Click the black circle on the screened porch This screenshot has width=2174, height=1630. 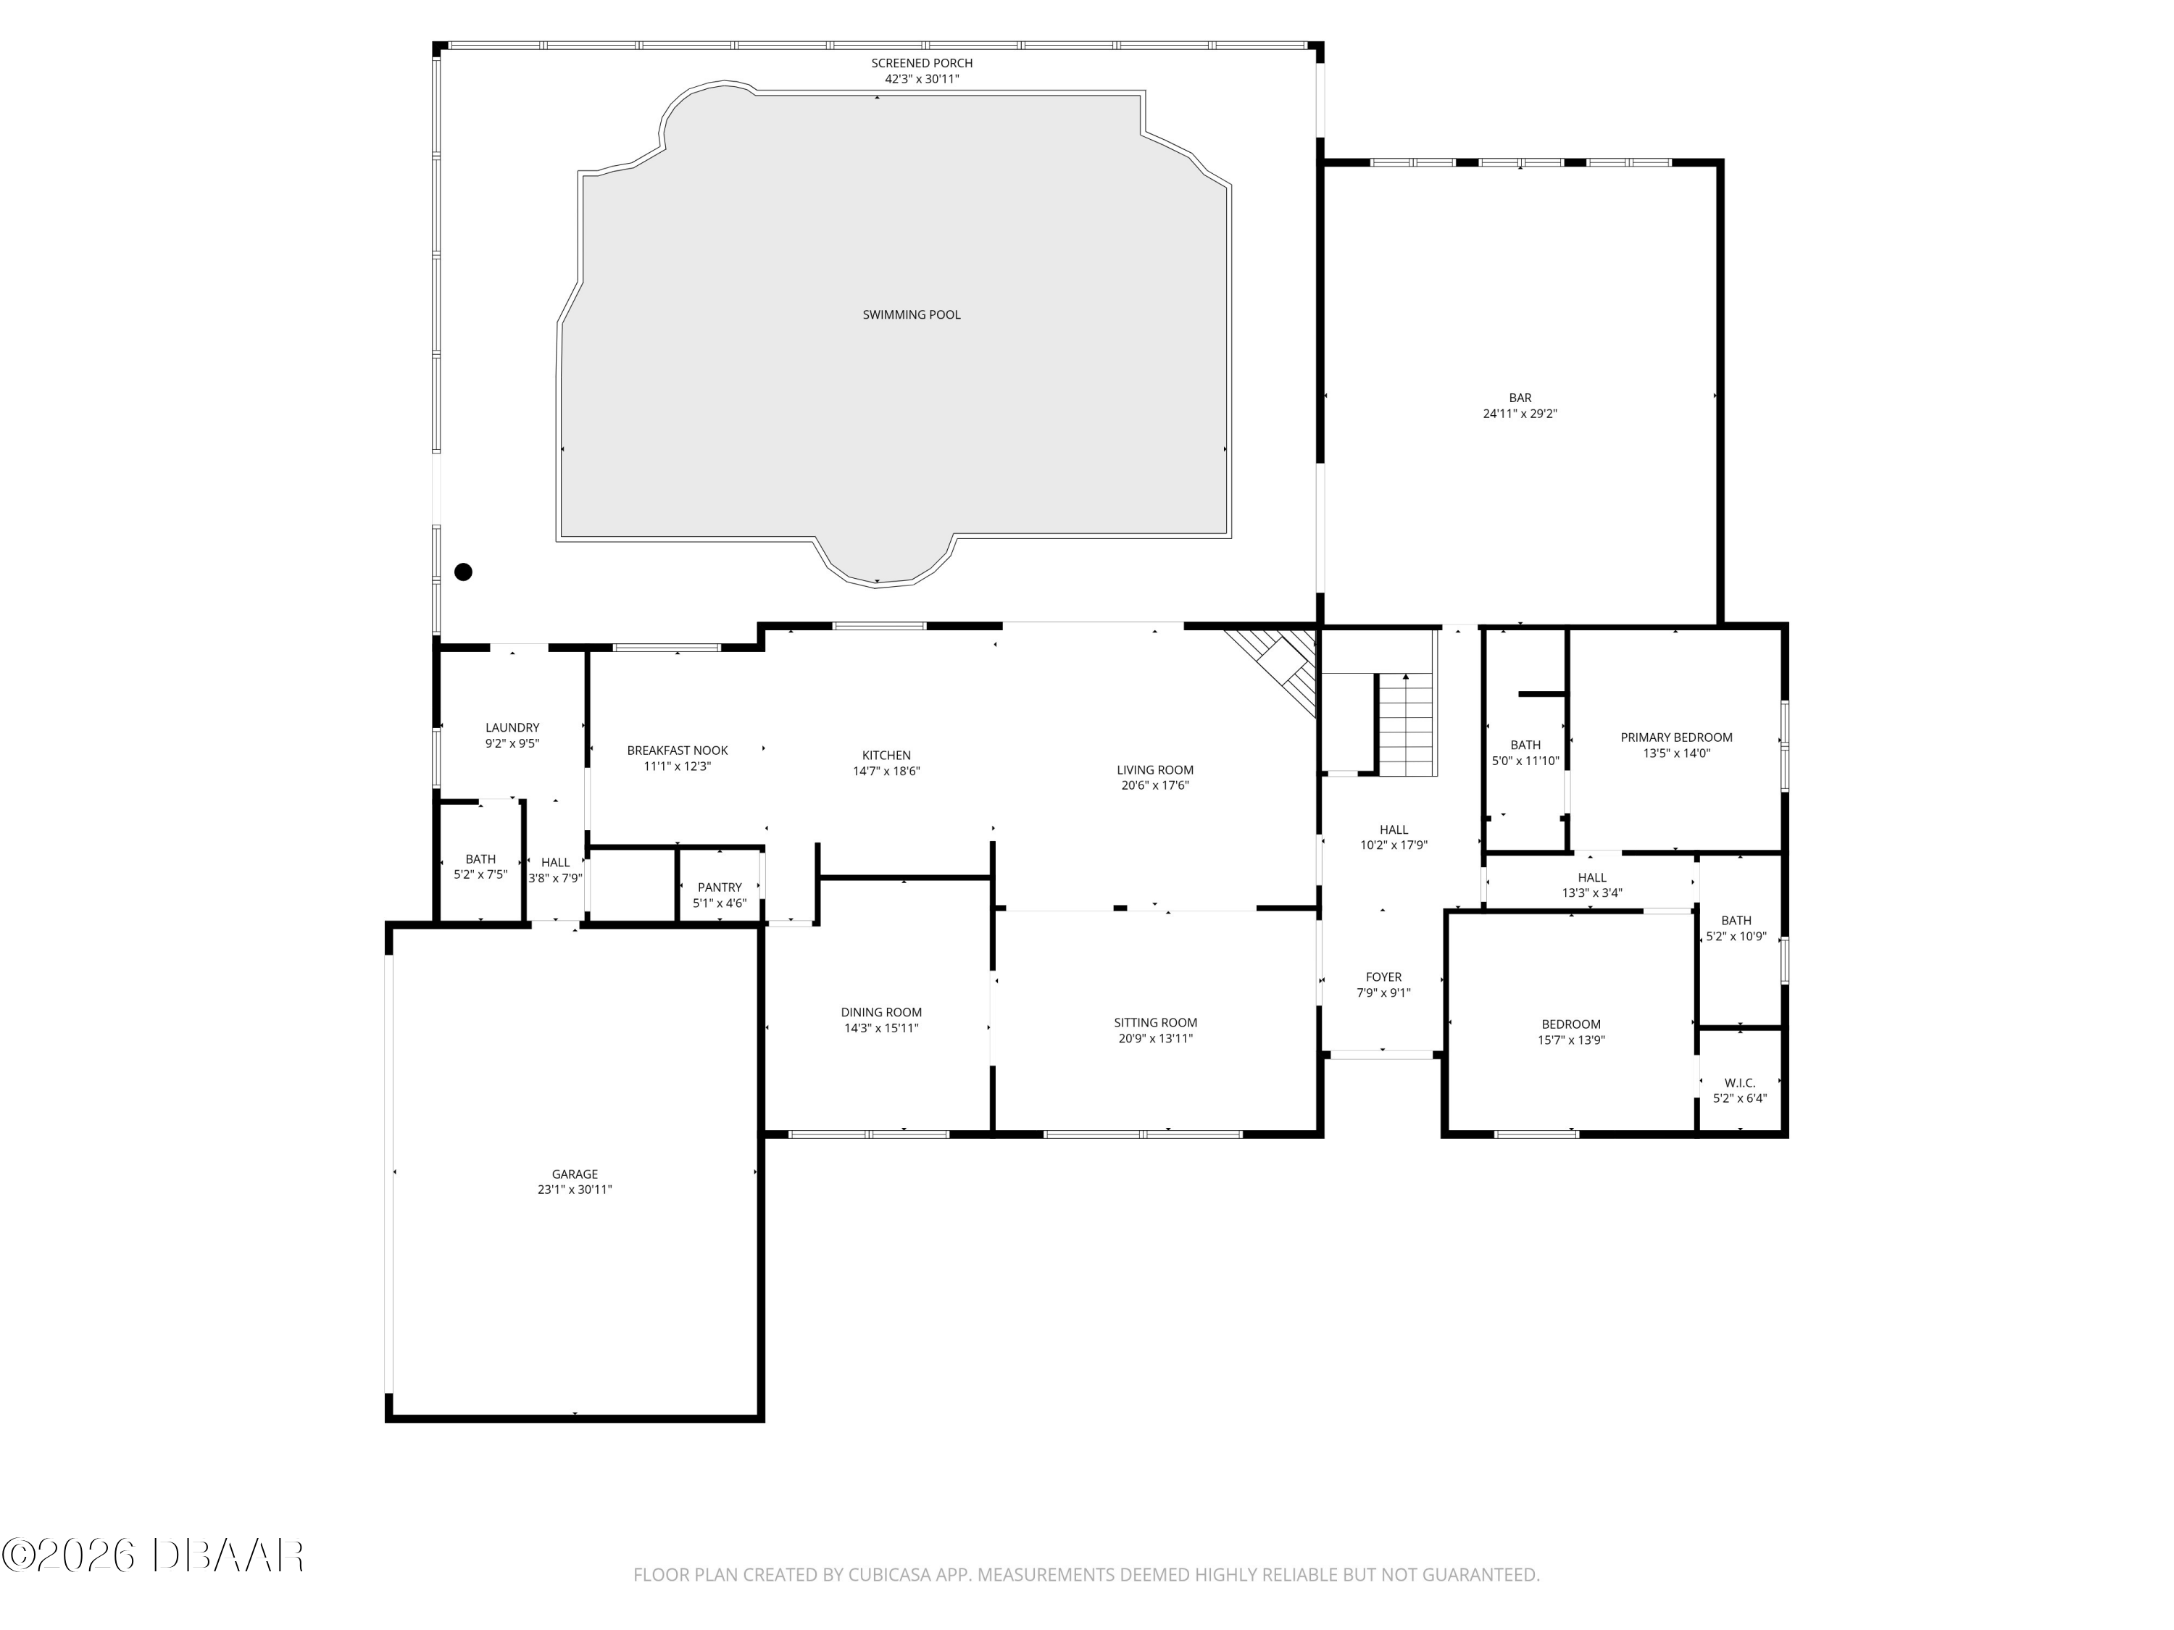(463, 572)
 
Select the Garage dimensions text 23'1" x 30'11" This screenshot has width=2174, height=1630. (575, 1189)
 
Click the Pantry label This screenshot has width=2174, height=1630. (720, 887)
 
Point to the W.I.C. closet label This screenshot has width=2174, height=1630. (1740, 1083)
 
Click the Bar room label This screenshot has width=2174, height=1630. (1520, 398)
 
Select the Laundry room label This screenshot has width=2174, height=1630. (512, 728)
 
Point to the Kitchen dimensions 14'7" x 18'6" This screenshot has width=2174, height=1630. (886, 772)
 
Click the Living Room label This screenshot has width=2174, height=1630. (1156, 770)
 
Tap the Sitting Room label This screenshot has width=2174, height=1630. (1156, 1023)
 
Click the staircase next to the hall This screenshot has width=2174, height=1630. (1405, 725)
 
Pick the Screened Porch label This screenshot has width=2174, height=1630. (922, 63)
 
